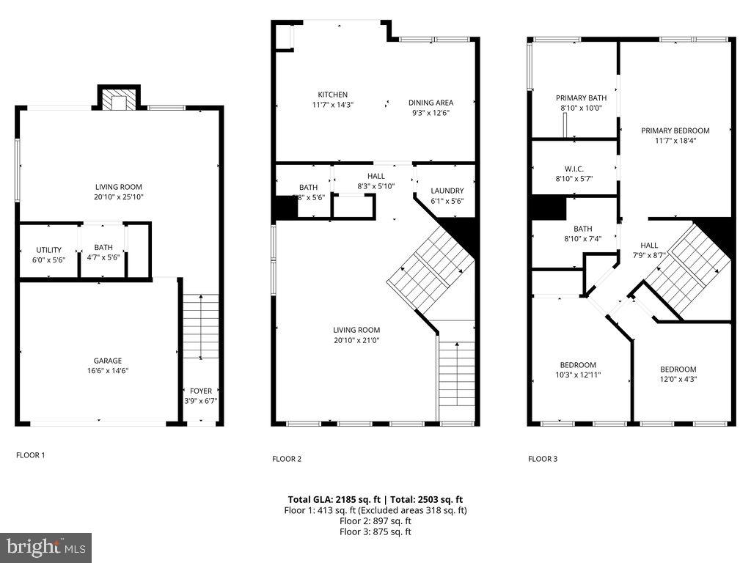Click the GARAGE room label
pyautogui.click(x=107, y=361)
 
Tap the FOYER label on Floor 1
pyautogui.click(x=200, y=391)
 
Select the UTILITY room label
pyautogui.click(x=48, y=250)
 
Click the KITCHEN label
pyautogui.click(x=332, y=95)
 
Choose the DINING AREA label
pyautogui.click(x=431, y=103)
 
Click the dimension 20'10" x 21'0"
pyautogui.click(x=356, y=340)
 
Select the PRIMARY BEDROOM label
pyautogui.click(x=675, y=130)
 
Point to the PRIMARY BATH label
pyautogui.click(x=581, y=97)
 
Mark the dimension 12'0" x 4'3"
pyautogui.click(x=678, y=379)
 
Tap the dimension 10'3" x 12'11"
pyautogui.click(x=578, y=375)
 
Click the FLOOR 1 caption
pyautogui.click(x=30, y=455)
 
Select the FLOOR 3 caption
pyautogui.click(x=543, y=459)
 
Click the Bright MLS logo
pyautogui.click(x=45, y=547)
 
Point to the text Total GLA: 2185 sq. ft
pyautogui.click(x=332, y=499)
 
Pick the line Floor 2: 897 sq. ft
pyautogui.click(x=375, y=521)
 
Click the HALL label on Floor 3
pyautogui.click(x=649, y=246)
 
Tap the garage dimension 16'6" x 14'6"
pyautogui.click(x=107, y=371)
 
